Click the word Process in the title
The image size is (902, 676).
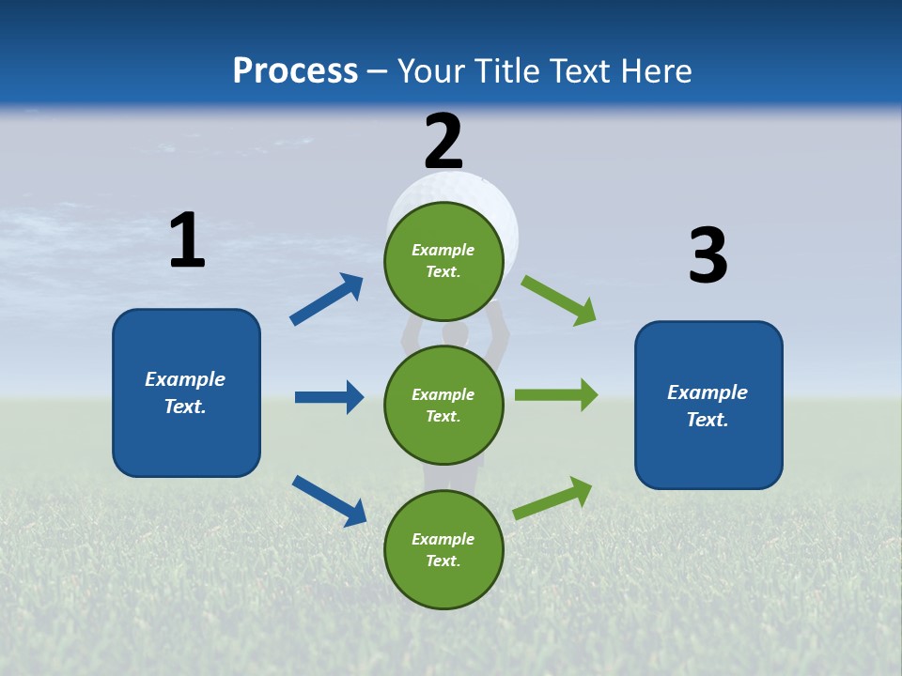tap(295, 71)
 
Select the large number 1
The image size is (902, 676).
tap(187, 240)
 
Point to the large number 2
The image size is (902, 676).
tap(443, 141)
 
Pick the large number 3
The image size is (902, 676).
tap(708, 256)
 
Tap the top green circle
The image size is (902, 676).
tap(443, 261)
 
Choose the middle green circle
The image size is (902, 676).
tap(443, 405)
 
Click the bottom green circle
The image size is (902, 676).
tap(443, 549)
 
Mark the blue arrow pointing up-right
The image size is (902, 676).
tap(327, 300)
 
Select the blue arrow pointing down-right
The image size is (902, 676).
tap(329, 500)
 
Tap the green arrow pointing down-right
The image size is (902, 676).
tap(558, 300)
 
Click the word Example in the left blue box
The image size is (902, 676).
tap(185, 379)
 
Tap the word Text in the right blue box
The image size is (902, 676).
tap(706, 420)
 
